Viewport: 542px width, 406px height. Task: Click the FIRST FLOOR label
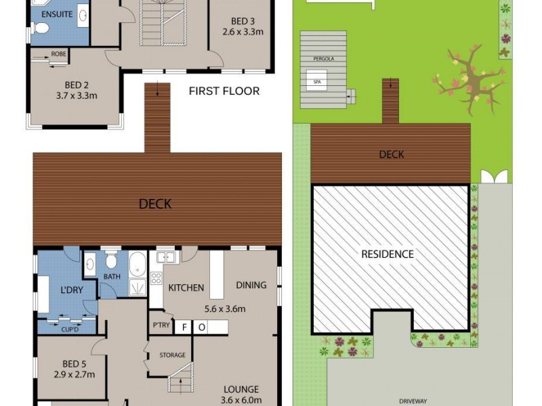pos(224,91)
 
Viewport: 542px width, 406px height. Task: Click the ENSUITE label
pos(57,14)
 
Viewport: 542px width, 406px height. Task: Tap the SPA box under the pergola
pos(316,82)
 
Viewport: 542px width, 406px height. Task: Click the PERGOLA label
pos(323,60)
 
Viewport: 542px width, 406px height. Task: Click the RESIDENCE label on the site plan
pos(387,254)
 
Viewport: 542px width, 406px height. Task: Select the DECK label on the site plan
pos(391,155)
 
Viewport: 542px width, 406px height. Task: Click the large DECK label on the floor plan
pos(155,204)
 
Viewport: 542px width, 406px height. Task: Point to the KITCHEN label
pos(186,288)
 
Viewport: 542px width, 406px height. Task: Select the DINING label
pos(251,285)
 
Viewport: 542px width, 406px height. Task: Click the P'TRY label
pos(161,325)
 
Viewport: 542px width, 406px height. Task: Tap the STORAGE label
pos(172,355)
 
